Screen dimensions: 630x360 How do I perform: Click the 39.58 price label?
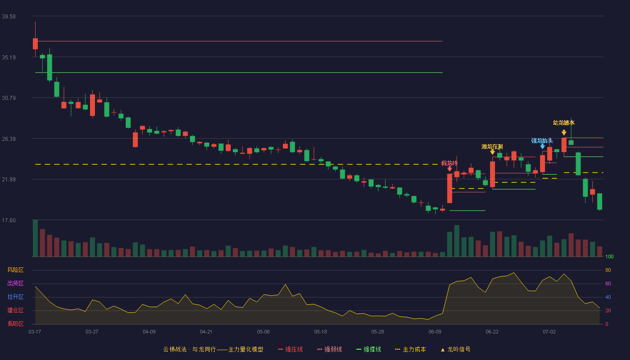tap(9, 17)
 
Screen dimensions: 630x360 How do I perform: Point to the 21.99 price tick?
tap(9, 180)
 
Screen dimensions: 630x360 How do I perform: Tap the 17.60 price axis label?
tap(9, 220)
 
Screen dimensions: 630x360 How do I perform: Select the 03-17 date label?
tap(35, 332)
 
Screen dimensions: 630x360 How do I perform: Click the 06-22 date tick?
tap(492, 332)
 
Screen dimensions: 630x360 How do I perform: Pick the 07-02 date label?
tap(549, 332)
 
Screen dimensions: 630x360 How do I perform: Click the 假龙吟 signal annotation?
tap(450, 163)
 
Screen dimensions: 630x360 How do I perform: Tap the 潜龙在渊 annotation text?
tap(492, 147)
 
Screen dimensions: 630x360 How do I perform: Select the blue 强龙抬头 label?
tap(542, 140)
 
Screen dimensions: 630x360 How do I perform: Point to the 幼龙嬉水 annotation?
tap(563, 122)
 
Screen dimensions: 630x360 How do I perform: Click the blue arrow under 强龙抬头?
tap(543, 147)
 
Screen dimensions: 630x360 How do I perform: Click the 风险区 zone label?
tap(15, 270)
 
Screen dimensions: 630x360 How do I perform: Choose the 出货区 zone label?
tap(15, 283)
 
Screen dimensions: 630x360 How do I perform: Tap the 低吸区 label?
tap(15, 324)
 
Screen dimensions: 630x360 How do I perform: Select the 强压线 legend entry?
tap(290, 349)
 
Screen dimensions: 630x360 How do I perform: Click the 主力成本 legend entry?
tap(410, 349)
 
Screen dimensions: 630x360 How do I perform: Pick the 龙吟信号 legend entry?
tap(455, 349)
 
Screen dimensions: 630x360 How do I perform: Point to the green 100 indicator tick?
tap(609, 256)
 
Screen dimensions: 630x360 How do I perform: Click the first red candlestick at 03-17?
tap(35, 44)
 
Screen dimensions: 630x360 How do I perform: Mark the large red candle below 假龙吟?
tap(450, 188)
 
